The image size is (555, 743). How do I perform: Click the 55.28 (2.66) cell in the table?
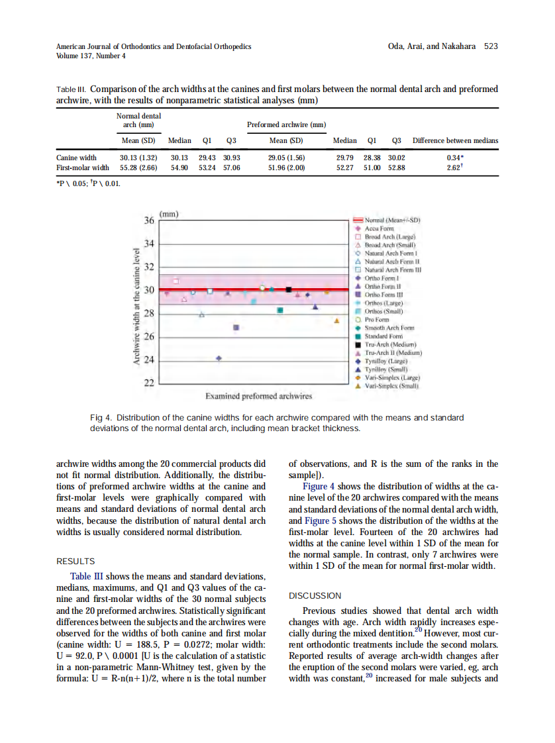[138, 168]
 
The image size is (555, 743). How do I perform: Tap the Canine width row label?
[76, 158]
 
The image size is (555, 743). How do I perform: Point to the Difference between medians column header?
[455, 140]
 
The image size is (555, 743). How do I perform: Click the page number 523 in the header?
[491, 46]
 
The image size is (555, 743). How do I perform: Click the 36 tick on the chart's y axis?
[149, 220]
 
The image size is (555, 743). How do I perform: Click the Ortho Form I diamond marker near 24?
[219, 358]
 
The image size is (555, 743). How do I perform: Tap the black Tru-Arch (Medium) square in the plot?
[289, 289]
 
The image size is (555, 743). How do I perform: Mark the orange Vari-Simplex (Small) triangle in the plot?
[336, 321]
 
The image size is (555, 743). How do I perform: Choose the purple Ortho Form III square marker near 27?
[236, 327]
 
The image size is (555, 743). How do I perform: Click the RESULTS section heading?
[76, 561]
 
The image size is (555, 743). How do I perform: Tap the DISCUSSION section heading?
[315, 595]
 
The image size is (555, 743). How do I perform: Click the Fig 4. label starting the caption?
[102, 418]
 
